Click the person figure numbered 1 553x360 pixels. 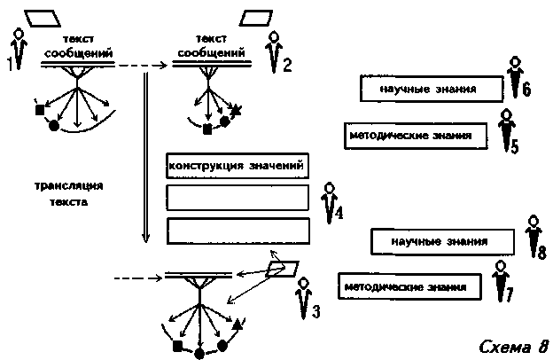[x=19, y=50]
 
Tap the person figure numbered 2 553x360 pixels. [x=274, y=51]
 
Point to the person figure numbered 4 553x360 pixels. [x=330, y=202]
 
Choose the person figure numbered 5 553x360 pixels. [x=506, y=129]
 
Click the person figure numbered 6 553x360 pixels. [x=515, y=76]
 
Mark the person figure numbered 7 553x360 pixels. [x=501, y=281]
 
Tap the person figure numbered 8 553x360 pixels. [x=534, y=236]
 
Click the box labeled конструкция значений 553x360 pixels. [x=238, y=166]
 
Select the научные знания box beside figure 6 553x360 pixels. [x=432, y=89]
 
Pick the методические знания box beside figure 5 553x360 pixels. [x=417, y=136]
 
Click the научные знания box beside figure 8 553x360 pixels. [x=442, y=242]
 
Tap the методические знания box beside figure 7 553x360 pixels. [x=409, y=286]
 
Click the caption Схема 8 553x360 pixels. [x=514, y=346]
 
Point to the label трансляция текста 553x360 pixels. [x=69, y=194]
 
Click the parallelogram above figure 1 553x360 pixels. [x=43, y=19]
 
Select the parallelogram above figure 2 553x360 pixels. [x=256, y=19]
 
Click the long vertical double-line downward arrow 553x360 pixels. [x=145, y=158]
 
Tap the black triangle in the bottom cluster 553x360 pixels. [x=238, y=325]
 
